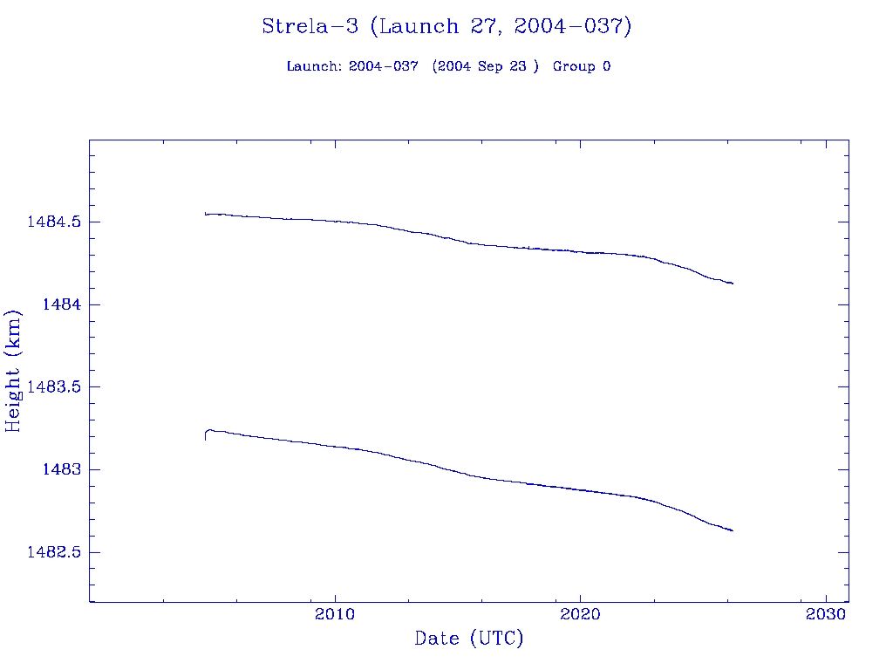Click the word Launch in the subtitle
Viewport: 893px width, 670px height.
[314, 66]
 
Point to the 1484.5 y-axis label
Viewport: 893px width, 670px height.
[54, 222]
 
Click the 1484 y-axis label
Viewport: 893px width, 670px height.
[61, 304]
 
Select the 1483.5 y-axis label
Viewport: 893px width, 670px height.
[54, 386]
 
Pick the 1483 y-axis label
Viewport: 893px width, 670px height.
[61, 469]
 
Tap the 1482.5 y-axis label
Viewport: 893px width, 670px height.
[54, 552]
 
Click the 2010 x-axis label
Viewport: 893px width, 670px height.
[335, 614]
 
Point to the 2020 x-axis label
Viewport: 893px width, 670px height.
[581, 614]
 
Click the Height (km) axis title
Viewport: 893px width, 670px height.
[13, 371]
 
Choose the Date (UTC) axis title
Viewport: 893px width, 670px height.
[469, 639]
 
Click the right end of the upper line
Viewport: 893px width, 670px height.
[733, 284]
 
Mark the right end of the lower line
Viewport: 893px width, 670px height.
[733, 530]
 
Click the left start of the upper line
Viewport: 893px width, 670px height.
[206, 213]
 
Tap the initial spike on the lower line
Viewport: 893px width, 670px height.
[206, 434]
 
